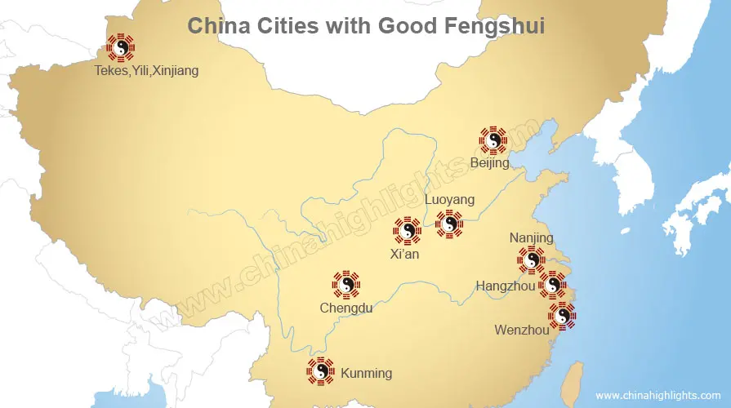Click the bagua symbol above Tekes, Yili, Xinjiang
click(122, 48)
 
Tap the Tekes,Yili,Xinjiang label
click(146, 71)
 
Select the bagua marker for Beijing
click(493, 140)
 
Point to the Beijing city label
click(490, 163)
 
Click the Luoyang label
click(450, 200)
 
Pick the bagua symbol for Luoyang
click(449, 224)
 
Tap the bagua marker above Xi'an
click(407, 231)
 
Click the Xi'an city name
click(405, 254)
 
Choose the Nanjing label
click(531, 238)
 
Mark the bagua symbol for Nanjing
click(531, 260)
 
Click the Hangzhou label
click(506, 286)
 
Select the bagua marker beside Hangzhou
click(553, 285)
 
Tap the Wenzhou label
click(522, 330)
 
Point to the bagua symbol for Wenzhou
click(562, 315)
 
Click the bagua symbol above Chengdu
click(346, 285)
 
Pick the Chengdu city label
click(346, 308)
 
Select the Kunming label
click(366, 374)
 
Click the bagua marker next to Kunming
click(320, 371)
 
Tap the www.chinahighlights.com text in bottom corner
click(659, 395)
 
